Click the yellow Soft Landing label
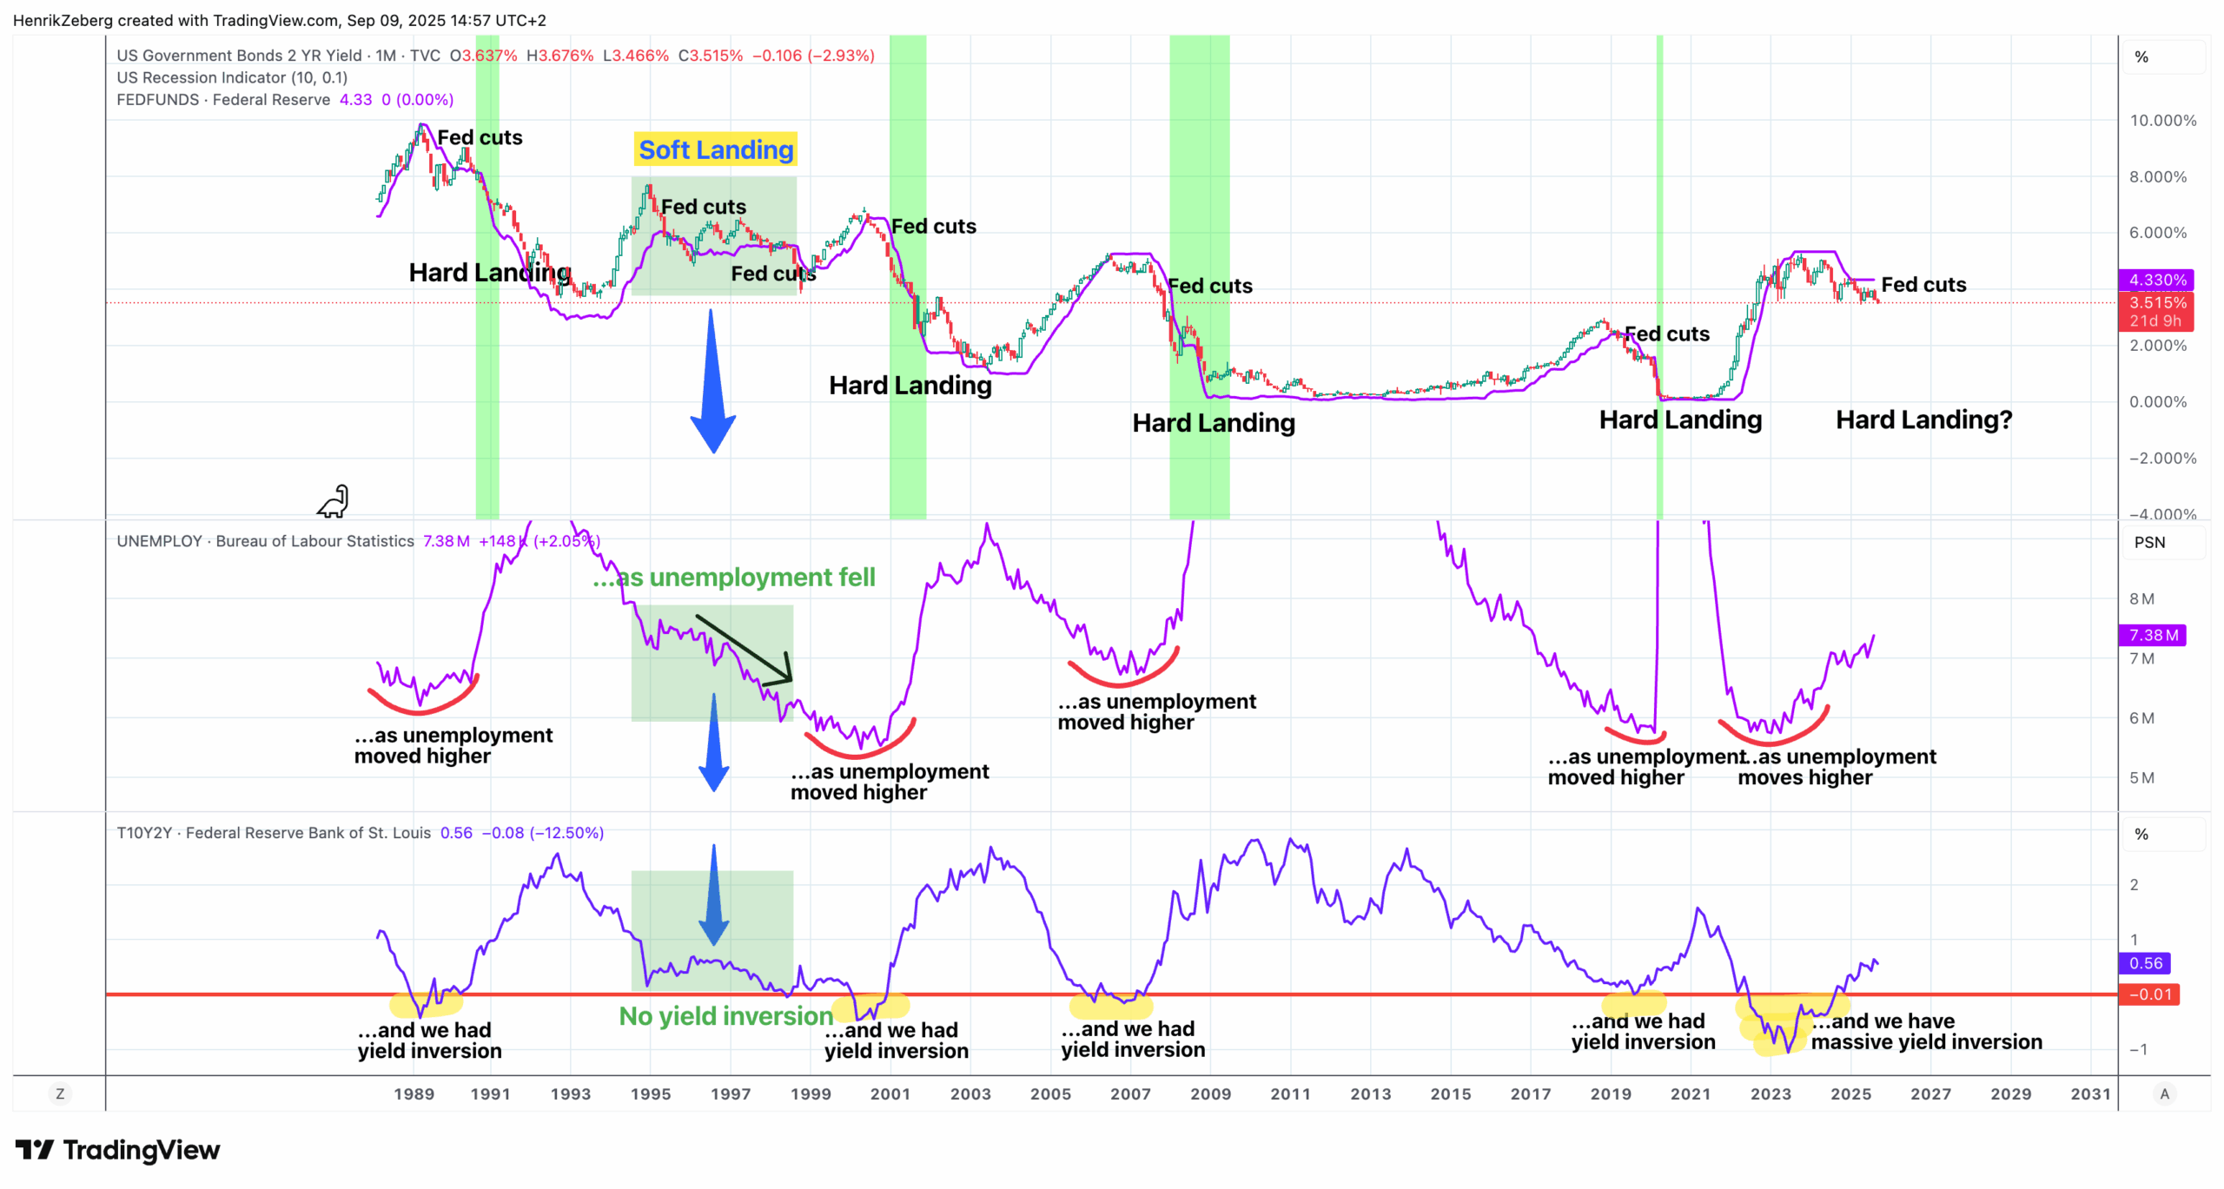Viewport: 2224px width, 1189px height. click(716, 150)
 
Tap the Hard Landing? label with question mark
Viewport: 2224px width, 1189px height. click(1923, 420)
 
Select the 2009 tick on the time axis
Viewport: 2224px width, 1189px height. click(1210, 1094)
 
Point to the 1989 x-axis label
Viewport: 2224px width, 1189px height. click(414, 1094)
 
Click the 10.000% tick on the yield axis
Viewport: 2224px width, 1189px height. click(2162, 121)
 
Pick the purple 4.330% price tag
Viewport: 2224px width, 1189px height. click(2156, 280)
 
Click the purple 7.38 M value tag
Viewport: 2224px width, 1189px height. click(2153, 635)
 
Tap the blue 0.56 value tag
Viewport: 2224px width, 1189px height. click(2145, 963)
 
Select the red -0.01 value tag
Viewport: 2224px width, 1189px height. click(2149, 994)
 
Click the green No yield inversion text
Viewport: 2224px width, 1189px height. click(725, 1016)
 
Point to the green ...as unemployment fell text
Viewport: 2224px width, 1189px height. click(734, 578)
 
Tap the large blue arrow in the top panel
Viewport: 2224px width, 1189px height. click(712, 382)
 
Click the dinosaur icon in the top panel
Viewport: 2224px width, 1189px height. click(334, 502)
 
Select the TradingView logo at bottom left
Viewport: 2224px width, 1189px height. click(117, 1150)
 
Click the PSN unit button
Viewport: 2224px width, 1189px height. click(2149, 543)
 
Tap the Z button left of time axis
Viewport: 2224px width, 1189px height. click(60, 1094)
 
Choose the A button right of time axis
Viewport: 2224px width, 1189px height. click(2164, 1094)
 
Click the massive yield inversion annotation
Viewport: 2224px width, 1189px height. click(1926, 1032)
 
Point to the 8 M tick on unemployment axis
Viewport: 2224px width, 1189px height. click(2141, 599)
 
